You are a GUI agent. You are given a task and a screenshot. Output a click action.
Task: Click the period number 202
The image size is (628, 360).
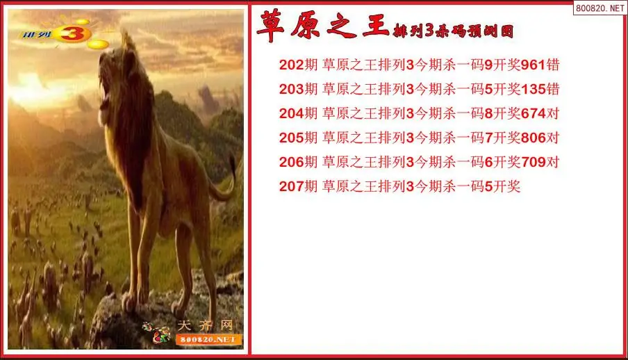(x=292, y=65)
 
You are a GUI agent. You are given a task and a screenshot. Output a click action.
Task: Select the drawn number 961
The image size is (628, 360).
(x=533, y=65)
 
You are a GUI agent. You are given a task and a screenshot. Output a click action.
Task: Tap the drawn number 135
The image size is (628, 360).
(x=533, y=89)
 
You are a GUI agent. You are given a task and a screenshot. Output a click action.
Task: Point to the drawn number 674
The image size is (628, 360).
(x=533, y=113)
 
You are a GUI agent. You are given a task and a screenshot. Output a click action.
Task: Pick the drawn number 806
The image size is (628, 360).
(x=533, y=138)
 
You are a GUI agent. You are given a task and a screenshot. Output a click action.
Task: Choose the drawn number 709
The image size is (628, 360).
(x=533, y=162)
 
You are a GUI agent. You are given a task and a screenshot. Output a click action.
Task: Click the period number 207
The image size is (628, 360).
(x=292, y=186)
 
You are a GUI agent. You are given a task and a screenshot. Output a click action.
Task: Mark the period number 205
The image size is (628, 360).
(x=292, y=138)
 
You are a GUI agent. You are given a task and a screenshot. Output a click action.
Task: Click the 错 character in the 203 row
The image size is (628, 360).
(x=553, y=89)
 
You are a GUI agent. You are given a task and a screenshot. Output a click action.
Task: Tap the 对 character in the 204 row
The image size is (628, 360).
(x=553, y=113)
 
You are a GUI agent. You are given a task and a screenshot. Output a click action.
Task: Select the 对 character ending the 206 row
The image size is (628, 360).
(x=553, y=162)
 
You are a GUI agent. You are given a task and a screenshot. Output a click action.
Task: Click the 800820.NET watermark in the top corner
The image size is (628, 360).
(x=600, y=8)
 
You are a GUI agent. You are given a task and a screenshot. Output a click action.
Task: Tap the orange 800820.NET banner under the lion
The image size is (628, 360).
(x=208, y=340)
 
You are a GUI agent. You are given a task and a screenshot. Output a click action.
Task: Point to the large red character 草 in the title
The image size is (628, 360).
(x=270, y=26)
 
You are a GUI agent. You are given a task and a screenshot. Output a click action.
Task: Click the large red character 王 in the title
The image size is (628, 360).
(x=375, y=25)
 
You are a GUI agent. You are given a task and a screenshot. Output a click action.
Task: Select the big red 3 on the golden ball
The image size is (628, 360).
(x=72, y=34)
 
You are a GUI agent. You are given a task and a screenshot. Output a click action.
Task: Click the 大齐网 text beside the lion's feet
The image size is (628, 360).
(x=205, y=325)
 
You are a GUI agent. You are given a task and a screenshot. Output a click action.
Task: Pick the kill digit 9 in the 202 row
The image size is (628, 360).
(x=488, y=65)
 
